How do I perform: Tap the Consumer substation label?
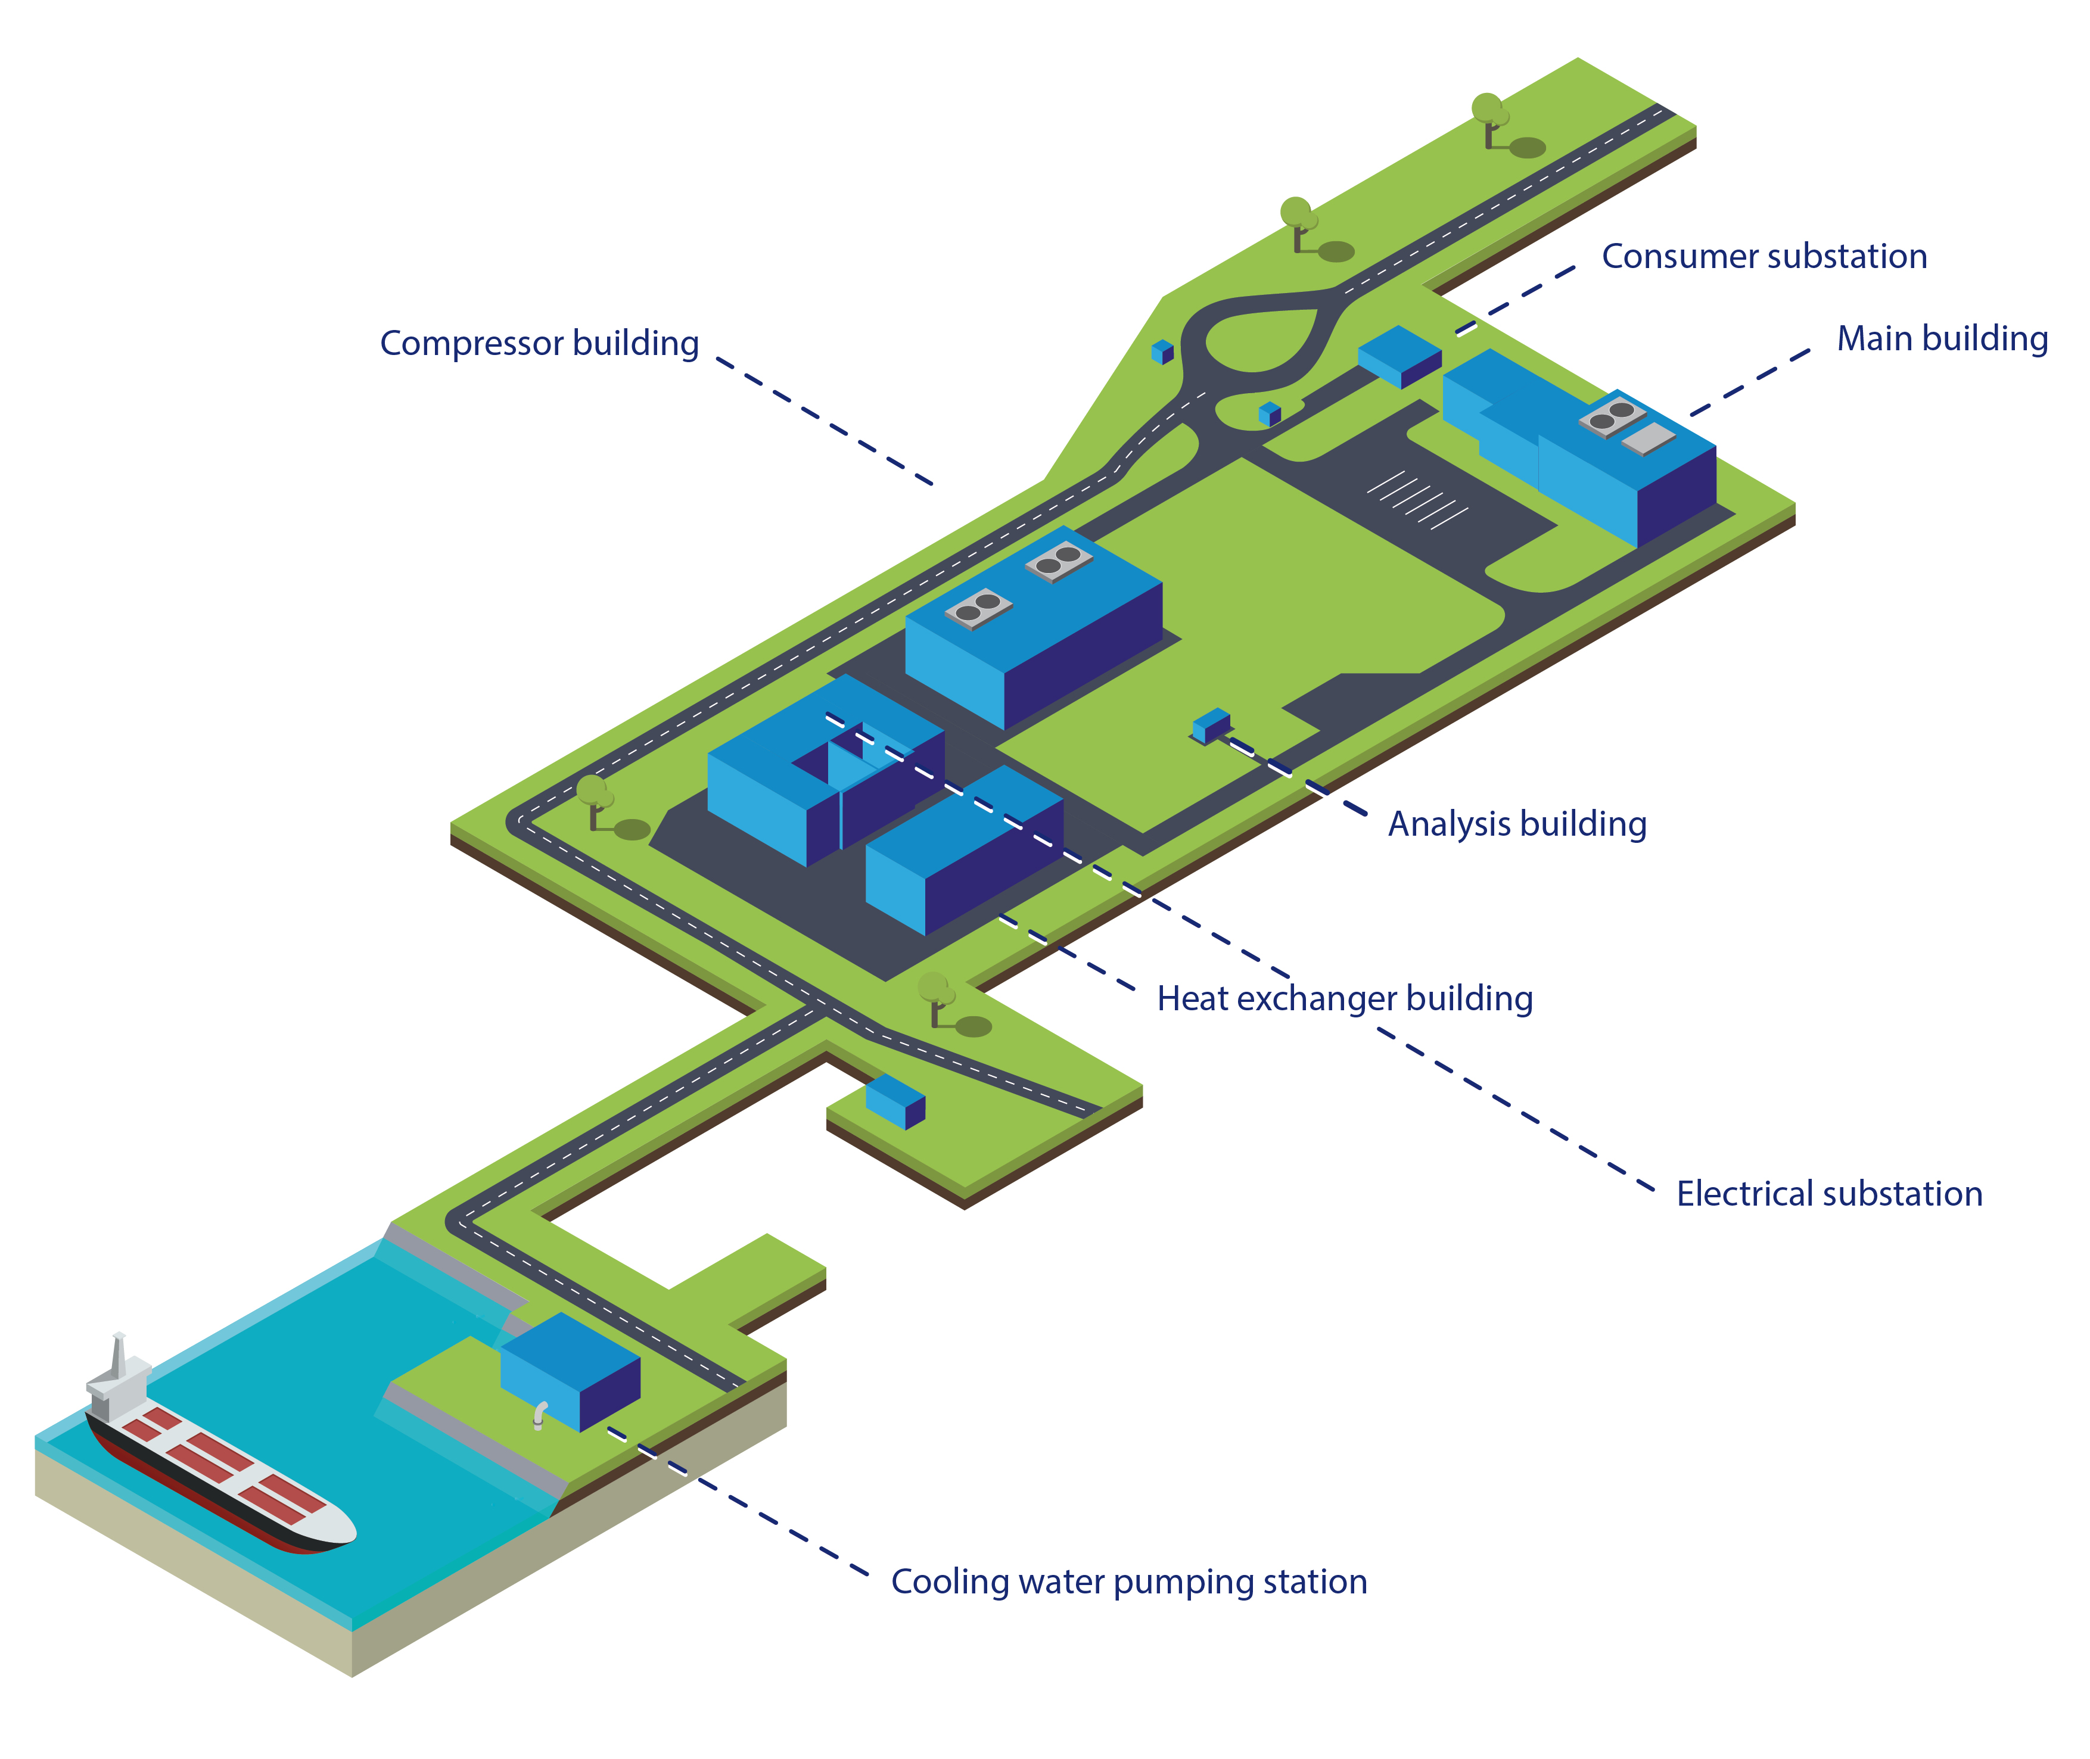(1764, 256)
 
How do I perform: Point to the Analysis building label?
(1517, 824)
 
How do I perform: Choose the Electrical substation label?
(1829, 1194)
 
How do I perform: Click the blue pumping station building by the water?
(570, 1371)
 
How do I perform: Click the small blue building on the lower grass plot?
(895, 1101)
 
